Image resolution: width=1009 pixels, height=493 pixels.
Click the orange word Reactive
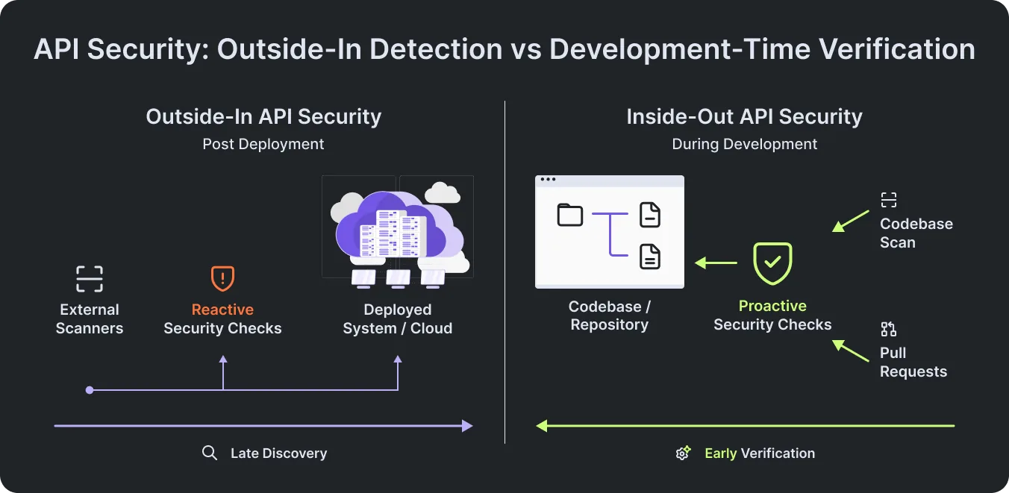(x=222, y=310)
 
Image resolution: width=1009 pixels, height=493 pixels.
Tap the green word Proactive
(x=772, y=306)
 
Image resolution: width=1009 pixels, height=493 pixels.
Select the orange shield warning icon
(x=222, y=278)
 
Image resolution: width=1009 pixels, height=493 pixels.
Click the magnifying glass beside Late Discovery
(x=210, y=453)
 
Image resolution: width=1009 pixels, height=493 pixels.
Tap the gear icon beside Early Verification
(x=683, y=453)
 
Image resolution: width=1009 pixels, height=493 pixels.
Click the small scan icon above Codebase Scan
(x=889, y=200)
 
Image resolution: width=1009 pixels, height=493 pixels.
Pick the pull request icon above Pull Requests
(x=889, y=329)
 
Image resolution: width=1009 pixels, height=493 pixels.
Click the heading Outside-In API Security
(x=263, y=116)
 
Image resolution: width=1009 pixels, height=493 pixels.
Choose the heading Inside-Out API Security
(x=744, y=116)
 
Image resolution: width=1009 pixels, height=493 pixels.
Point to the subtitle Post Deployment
(x=263, y=144)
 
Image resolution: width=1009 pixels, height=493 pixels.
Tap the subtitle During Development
(x=744, y=144)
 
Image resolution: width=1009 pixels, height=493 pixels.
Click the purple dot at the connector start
(x=90, y=390)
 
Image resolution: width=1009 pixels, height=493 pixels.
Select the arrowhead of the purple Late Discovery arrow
(x=468, y=425)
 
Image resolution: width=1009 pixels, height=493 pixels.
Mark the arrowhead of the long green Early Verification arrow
(x=541, y=425)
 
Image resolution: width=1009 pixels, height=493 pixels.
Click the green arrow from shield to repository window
(x=716, y=263)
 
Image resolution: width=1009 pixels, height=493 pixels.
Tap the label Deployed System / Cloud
(x=397, y=318)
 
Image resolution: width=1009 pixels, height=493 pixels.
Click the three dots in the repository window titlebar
(x=548, y=179)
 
